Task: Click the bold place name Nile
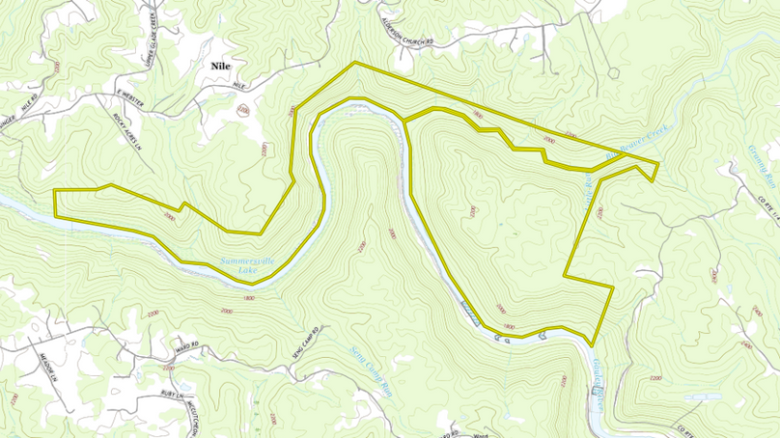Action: click(x=218, y=66)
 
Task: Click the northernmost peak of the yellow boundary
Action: click(x=355, y=62)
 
